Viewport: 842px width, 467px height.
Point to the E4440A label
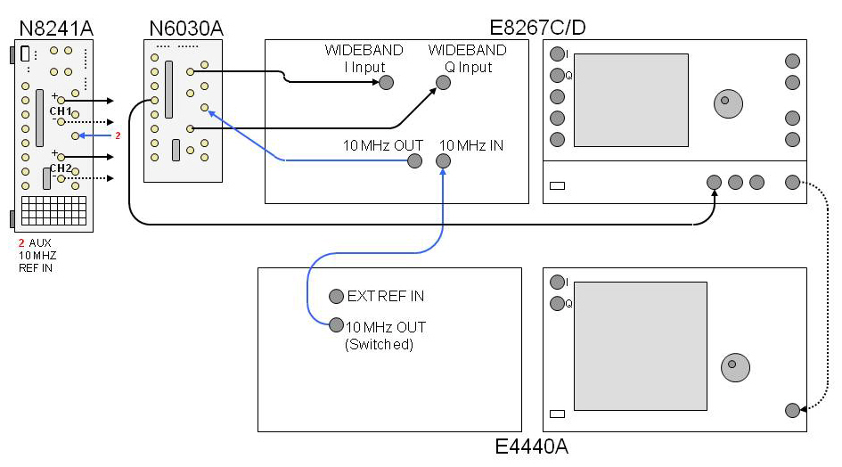531,447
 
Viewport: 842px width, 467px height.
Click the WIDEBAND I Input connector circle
386,83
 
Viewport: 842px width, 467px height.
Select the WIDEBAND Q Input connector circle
443,83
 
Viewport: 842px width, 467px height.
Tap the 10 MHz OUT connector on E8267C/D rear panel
414,161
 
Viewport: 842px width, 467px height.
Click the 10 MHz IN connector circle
443,161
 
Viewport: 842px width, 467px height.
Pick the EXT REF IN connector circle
336,296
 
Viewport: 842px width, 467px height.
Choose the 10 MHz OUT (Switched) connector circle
336,325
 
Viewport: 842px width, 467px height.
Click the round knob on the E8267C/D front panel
726,102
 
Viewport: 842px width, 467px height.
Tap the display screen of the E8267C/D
631,100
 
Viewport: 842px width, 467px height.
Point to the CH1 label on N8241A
61,111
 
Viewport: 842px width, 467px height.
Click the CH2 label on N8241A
61,168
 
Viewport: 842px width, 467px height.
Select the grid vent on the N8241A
54,211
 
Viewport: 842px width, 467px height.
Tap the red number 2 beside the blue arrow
117,135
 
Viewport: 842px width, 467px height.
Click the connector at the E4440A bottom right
792,410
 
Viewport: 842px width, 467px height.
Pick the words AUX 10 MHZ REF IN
37,255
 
